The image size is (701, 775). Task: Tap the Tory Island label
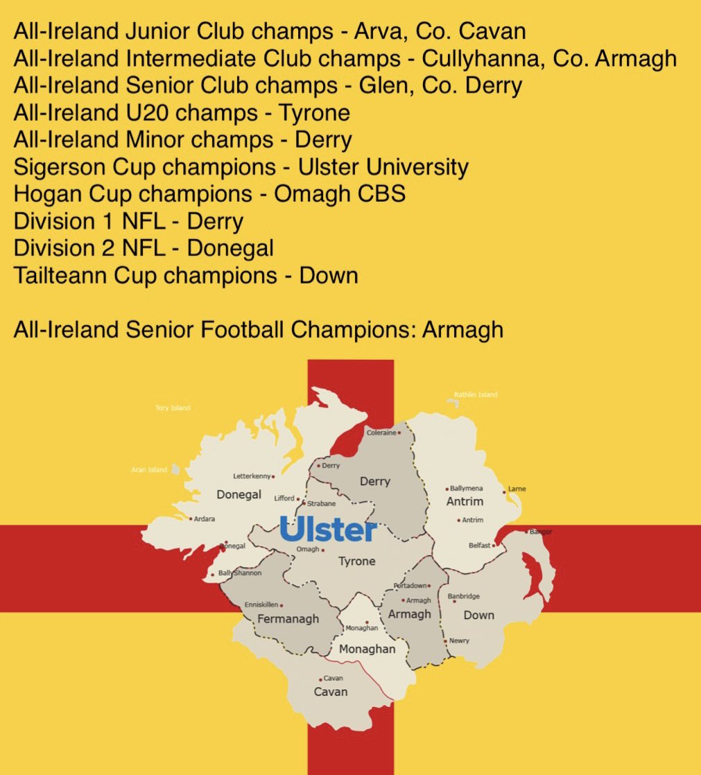[173, 408]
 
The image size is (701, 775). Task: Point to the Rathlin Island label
[475, 394]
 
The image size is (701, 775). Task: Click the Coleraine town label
[381, 433]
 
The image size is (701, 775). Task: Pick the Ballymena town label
[467, 488]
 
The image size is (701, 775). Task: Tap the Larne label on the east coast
[517, 489]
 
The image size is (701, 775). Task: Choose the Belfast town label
[479, 546]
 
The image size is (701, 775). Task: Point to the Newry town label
[459, 641]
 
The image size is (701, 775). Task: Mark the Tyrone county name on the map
[356, 561]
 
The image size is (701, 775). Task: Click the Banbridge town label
[463, 596]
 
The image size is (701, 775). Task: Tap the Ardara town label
[205, 519]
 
